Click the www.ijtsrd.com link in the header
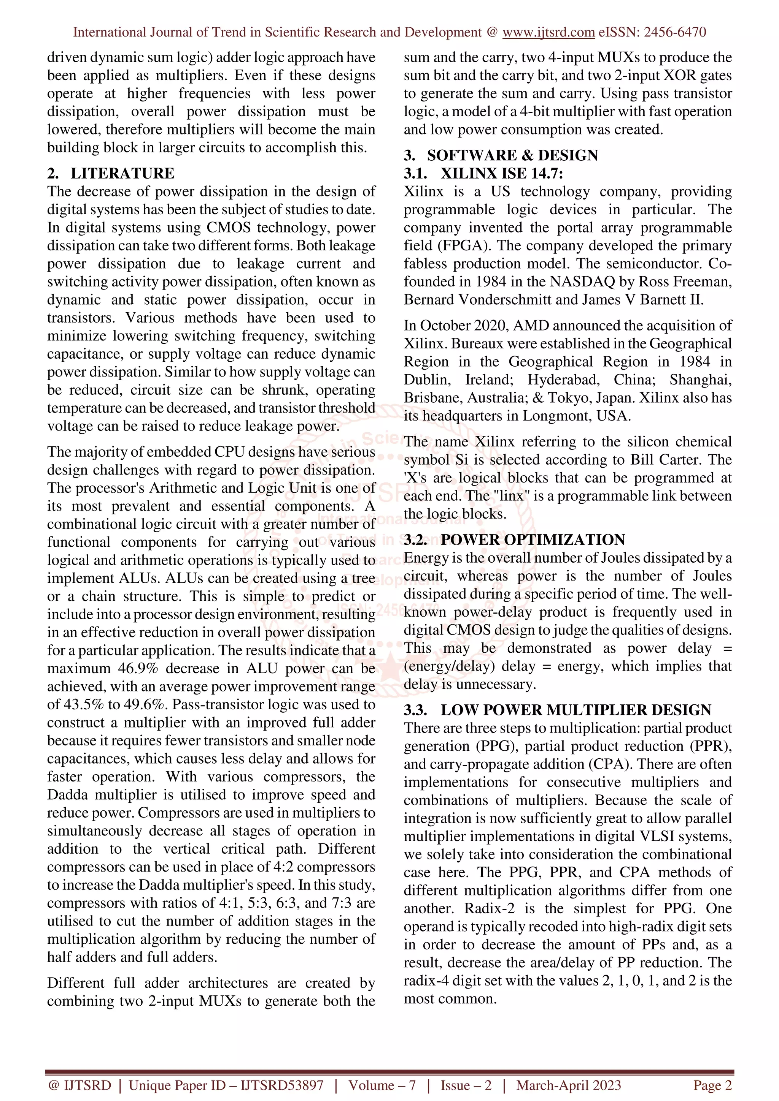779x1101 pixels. [548, 32]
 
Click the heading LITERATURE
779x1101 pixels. [122, 173]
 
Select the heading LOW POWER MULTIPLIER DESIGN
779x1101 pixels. [576, 710]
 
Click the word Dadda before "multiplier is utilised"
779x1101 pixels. [68, 794]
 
